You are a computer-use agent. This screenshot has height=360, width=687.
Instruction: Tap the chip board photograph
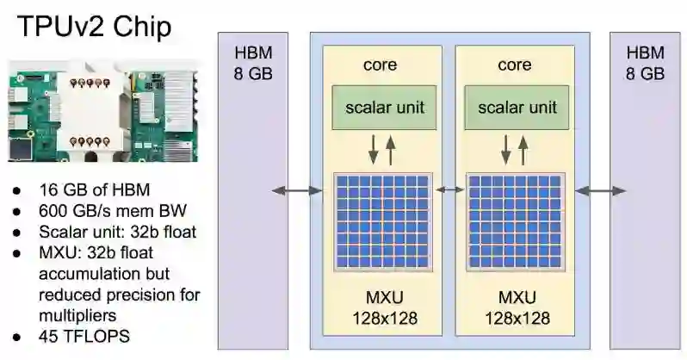tap(103, 110)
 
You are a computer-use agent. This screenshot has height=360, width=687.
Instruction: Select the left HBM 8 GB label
tap(253, 63)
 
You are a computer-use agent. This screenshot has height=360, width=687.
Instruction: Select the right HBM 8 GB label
tap(645, 63)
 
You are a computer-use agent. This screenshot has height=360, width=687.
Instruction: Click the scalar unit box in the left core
tap(385, 108)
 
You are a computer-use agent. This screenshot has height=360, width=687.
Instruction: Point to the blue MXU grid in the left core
tap(381, 223)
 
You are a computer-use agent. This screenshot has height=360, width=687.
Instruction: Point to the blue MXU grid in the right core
tap(515, 223)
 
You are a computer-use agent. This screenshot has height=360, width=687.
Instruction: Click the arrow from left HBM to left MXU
tap(297, 190)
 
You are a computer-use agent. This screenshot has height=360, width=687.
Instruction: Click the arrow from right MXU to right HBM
tap(601, 190)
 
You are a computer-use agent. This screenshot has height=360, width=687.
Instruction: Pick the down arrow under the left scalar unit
tap(373, 147)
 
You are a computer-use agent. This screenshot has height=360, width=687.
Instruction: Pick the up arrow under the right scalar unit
tap(523, 147)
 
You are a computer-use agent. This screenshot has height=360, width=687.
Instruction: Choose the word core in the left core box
tap(381, 65)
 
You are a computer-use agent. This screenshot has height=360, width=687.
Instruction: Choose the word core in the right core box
tap(515, 65)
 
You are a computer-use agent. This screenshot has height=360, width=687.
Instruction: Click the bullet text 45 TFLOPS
tap(84, 336)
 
